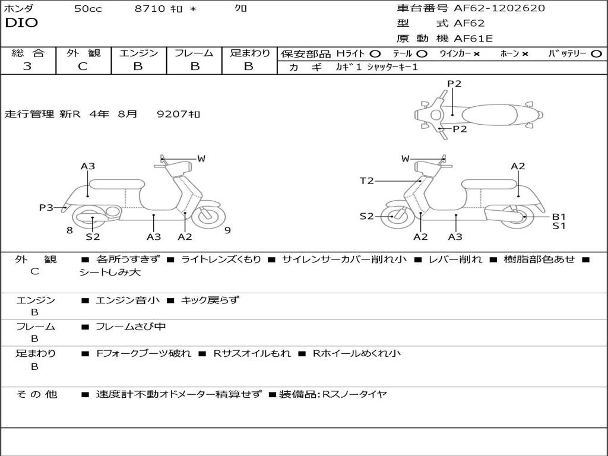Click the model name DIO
point(21,23)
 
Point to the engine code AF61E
point(473,39)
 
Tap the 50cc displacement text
point(88,9)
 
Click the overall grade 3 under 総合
point(27,66)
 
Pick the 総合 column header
point(28,53)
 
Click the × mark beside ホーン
point(525,54)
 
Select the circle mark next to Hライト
point(375,54)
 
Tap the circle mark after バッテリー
point(596,54)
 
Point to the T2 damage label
point(367,181)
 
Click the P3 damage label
point(46,208)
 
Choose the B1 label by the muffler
point(559,217)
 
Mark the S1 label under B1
point(559,226)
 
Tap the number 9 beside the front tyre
point(227,230)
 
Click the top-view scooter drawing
point(479,114)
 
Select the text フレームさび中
point(131,327)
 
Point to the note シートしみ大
point(110,273)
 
